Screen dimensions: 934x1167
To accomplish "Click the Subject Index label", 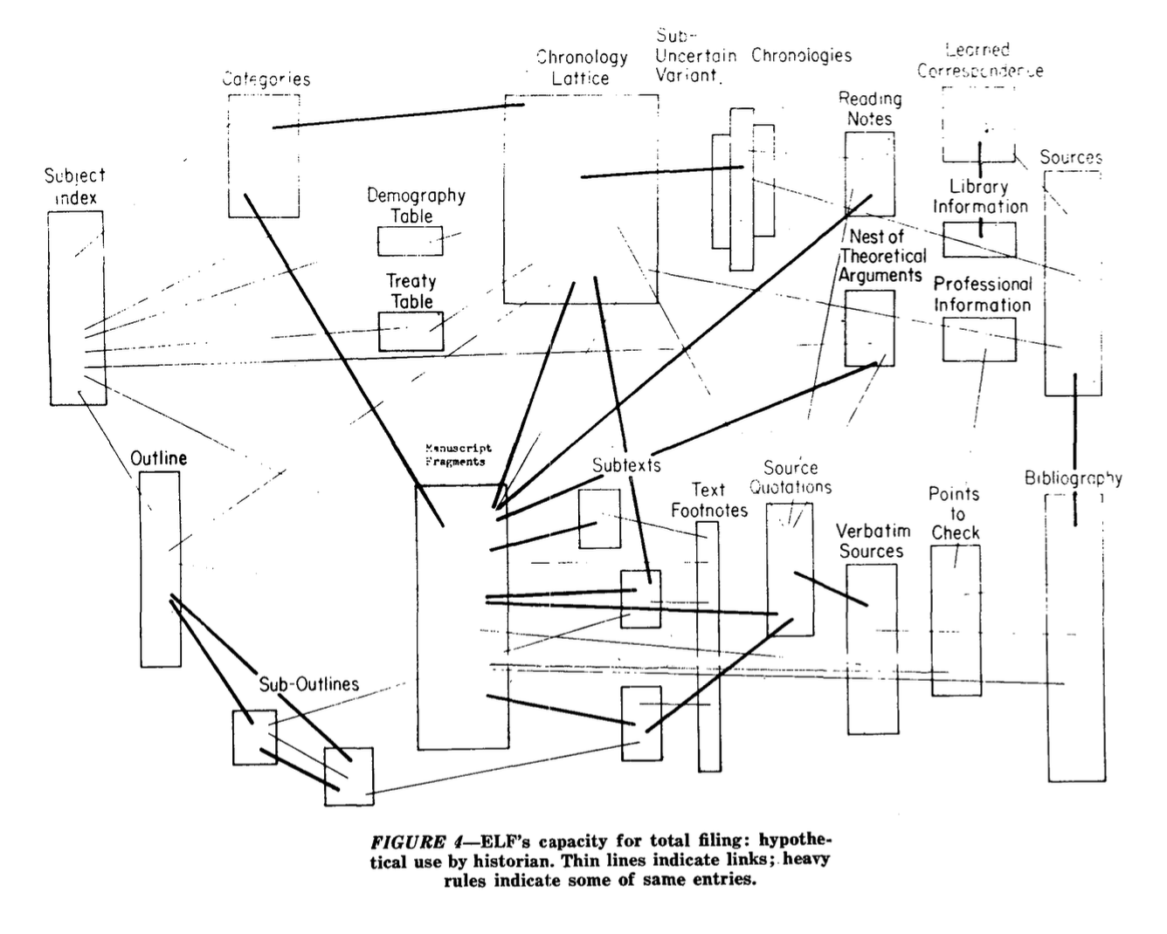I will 75,187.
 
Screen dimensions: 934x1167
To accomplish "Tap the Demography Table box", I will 410,241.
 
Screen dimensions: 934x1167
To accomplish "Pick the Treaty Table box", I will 411,331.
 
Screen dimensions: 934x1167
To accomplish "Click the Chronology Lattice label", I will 582,67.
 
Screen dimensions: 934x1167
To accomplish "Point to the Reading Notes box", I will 870,174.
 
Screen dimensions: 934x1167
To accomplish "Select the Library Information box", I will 979,239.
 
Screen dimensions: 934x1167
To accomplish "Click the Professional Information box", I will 979,340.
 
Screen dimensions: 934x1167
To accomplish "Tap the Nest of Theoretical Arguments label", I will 881,256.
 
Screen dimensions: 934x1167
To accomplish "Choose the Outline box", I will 161,569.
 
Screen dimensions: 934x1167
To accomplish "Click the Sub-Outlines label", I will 308,684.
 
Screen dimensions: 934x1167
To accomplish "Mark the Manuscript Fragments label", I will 459,455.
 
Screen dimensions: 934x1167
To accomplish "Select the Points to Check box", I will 955,620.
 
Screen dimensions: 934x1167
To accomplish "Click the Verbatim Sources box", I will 872,649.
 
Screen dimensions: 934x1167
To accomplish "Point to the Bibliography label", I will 1074,478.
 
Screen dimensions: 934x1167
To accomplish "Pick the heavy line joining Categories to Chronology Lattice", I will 397,116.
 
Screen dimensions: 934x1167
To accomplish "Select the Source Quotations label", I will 791,477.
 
